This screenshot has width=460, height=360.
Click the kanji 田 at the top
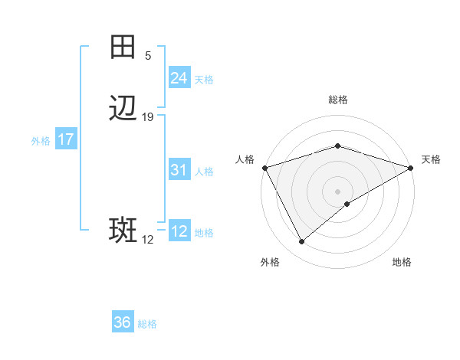pyautogui.click(x=123, y=47)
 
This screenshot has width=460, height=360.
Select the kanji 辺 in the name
pyautogui.click(x=123, y=110)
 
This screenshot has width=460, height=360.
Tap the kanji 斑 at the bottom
pyautogui.click(x=123, y=231)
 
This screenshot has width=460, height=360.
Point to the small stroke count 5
pyautogui.click(x=148, y=55)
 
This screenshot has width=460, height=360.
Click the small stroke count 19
pyautogui.click(x=148, y=117)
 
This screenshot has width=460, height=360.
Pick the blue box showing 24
pyautogui.click(x=179, y=78)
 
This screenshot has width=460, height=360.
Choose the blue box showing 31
pyautogui.click(x=179, y=170)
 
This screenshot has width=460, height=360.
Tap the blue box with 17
pyautogui.click(x=66, y=140)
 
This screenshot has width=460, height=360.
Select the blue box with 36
pyautogui.click(x=123, y=323)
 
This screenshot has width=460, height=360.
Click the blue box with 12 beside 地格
pyautogui.click(x=179, y=231)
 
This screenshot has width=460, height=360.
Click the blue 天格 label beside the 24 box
pyautogui.click(x=204, y=79)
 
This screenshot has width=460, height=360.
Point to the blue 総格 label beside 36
pyautogui.click(x=147, y=324)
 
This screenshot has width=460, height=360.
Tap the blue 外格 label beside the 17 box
pyautogui.click(x=41, y=141)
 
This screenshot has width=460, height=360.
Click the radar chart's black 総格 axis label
pyautogui.click(x=337, y=100)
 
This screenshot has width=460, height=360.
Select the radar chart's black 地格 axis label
pyautogui.click(x=402, y=262)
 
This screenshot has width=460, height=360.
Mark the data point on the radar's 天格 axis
pyautogui.click(x=412, y=168)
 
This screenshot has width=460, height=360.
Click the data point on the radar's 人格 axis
pyautogui.click(x=264, y=168)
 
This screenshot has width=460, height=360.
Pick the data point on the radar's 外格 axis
pyautogui.click(x=302, y=242)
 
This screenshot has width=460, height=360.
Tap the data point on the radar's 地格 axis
pyautogui.click(x=347, y=204)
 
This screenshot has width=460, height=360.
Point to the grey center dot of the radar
pyautogui.click(x=337, y=191)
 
